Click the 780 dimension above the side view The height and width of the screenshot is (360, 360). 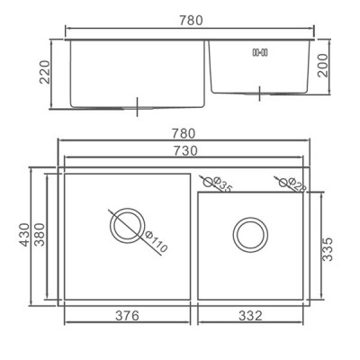pyautogui.click(x=191, y=21)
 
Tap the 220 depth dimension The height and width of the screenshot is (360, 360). pyautogui.click(x=45, y=72)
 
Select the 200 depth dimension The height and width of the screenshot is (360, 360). pyautogui.click(x=323, y=66)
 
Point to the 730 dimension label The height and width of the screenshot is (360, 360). pyautogui.click(x=186, y=150)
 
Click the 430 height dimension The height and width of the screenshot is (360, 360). pyautogui.click(x=25, y=235)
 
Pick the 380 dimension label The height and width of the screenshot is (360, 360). pyautogui.click(x=40, y=235)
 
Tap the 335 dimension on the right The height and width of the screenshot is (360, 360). pyautogui.click(x=328, y=249)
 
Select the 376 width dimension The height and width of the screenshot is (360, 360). pyautogui.click(x=128, y=316)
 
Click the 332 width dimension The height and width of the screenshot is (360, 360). pyautogui.click(x=250, y=316)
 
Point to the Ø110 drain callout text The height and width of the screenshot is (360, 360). pyautogui.click(x=156, y=242)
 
